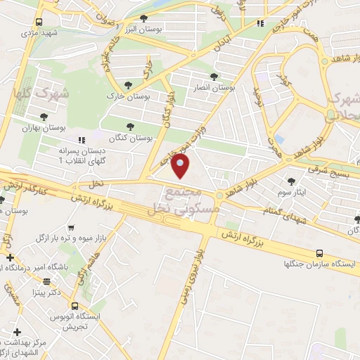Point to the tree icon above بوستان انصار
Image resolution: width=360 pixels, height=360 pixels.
(x=213, y=77)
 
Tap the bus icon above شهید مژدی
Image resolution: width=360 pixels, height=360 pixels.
(x=39, y=22)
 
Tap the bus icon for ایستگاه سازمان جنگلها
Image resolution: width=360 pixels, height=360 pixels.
(x=321, y=253)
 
